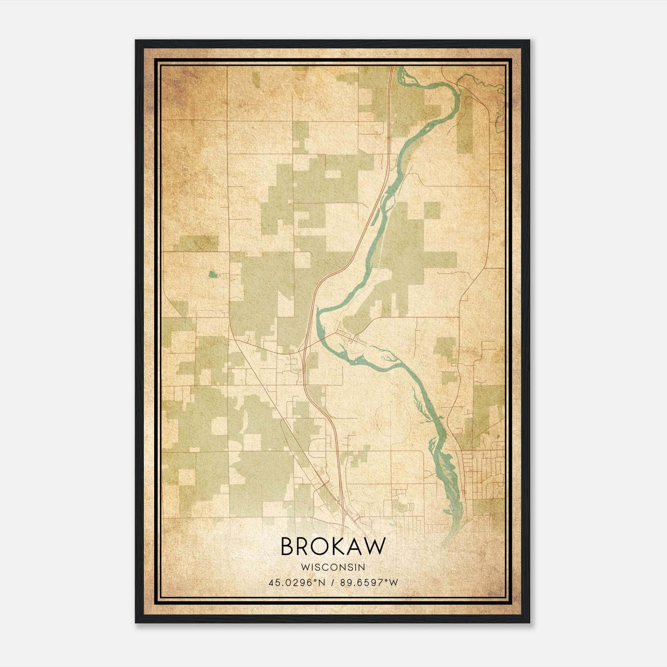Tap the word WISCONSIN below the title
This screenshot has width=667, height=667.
click(x=333, y=567)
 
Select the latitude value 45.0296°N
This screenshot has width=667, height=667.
click(x=297, y=582)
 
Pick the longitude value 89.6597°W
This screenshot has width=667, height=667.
click(x=369, y=582)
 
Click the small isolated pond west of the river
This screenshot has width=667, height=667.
click(x=213, y=274)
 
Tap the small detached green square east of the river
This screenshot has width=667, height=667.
click(x=432, y=210)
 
